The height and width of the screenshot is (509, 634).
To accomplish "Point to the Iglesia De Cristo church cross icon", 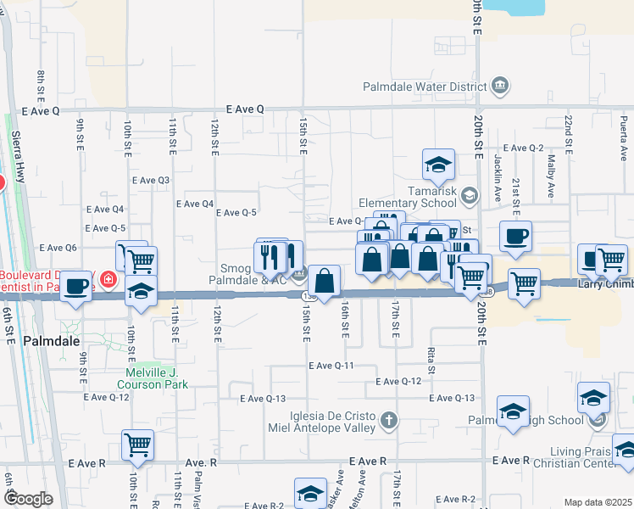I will [x=388, y=419].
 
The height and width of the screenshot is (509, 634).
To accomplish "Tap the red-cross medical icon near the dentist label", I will [x=108, y=279].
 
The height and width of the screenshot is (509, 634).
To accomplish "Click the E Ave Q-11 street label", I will [x=331, y=365].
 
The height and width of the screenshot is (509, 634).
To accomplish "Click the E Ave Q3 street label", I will [x=151, y=180].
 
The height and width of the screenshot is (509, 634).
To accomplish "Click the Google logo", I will [x=27, y=498].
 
